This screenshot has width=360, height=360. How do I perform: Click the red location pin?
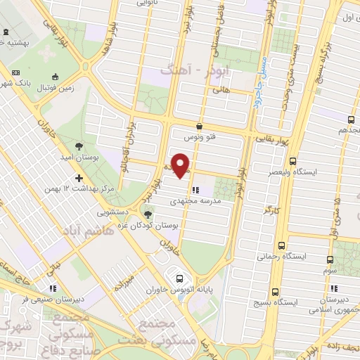[182, 165]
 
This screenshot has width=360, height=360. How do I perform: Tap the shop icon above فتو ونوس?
[200, 127]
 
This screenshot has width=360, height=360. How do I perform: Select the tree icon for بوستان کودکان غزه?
[148, 214]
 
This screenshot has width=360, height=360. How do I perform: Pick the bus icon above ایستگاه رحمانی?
[281, 245]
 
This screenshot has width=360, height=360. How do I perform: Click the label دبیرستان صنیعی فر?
[31, 298]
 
